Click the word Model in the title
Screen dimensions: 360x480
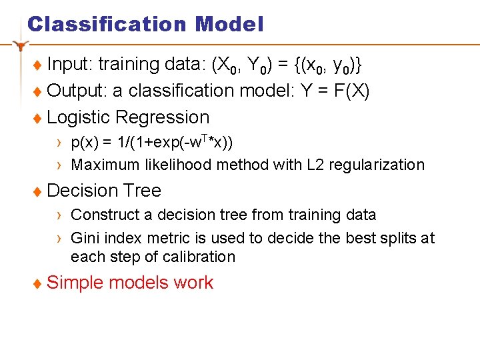(229, 25)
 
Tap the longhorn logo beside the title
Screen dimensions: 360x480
(21, 45)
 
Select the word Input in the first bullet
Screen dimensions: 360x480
(70, 65)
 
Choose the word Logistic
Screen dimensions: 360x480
(79, 117)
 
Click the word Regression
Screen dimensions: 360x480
(162, 117)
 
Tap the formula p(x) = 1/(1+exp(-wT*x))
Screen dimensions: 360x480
(152, 143)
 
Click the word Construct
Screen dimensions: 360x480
(101, 215)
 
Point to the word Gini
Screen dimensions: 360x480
(85, 238)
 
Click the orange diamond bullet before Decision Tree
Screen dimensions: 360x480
(38, 191)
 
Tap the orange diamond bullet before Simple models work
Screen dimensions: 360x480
(38, 283)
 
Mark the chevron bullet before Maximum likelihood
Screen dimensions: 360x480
(60, 165)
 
